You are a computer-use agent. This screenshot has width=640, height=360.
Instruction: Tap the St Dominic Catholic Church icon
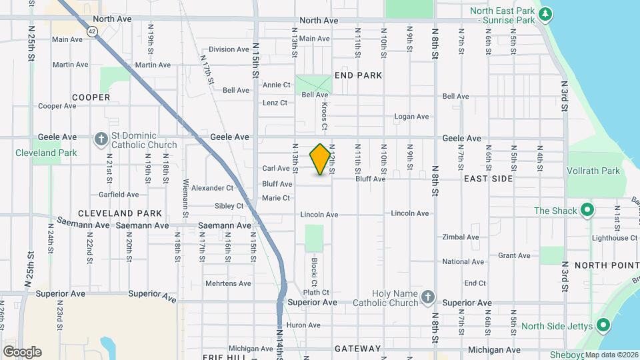(101, 139)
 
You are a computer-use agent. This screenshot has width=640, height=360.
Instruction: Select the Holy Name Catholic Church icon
(428, 297)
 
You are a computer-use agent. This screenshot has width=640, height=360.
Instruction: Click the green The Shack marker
(587, 211)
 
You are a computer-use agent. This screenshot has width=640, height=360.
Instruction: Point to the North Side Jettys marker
(603, 325)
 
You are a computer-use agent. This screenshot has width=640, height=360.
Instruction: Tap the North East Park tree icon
(545, 13)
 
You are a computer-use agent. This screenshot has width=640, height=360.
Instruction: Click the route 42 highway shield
(91, 31)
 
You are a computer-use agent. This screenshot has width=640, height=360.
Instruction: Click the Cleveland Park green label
(47, 153)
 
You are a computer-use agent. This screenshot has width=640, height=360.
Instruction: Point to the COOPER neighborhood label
(91, 97)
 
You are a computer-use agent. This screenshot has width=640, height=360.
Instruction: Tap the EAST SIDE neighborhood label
(489, 179)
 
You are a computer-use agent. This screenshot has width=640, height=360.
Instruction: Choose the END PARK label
(359, 75)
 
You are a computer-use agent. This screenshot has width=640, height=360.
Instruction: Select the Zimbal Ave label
(461, 237)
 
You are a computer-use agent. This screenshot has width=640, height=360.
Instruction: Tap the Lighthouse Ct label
(615, 238)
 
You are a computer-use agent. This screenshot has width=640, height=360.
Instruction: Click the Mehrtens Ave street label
(228, 283)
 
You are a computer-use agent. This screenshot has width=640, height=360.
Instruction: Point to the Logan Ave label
(411, 117)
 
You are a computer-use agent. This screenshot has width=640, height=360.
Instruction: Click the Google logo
(22, 352)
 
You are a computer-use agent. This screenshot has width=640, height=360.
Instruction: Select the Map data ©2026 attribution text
(611, 355)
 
